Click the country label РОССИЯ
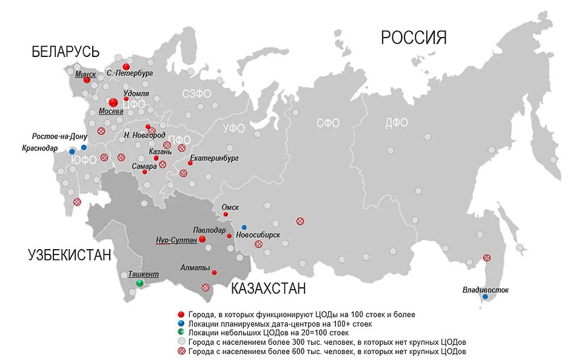(x=414, y=38)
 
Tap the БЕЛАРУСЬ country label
(x=65, y=52)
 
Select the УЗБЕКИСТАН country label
(x=70, y=255)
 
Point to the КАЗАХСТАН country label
(x=269, y=288)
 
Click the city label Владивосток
(x=485, y=290)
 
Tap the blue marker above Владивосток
(x=485, y=296)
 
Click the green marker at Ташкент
(x=140, y=283)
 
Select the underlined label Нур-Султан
(x=176, y=240)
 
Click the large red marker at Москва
(x=113, y=103)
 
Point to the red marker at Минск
(x=87, y=79)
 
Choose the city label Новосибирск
(x=258, y=235)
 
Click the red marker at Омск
(x=226, y=214)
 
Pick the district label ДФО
(x=397, y=123)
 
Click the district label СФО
(x=328, y=123)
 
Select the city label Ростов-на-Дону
(x=60, y=136)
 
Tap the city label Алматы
(x=195, y=267)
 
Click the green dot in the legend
(x=181, y=333)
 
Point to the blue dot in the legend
(x=181, y=324)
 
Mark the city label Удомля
(x=136, y=93)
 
